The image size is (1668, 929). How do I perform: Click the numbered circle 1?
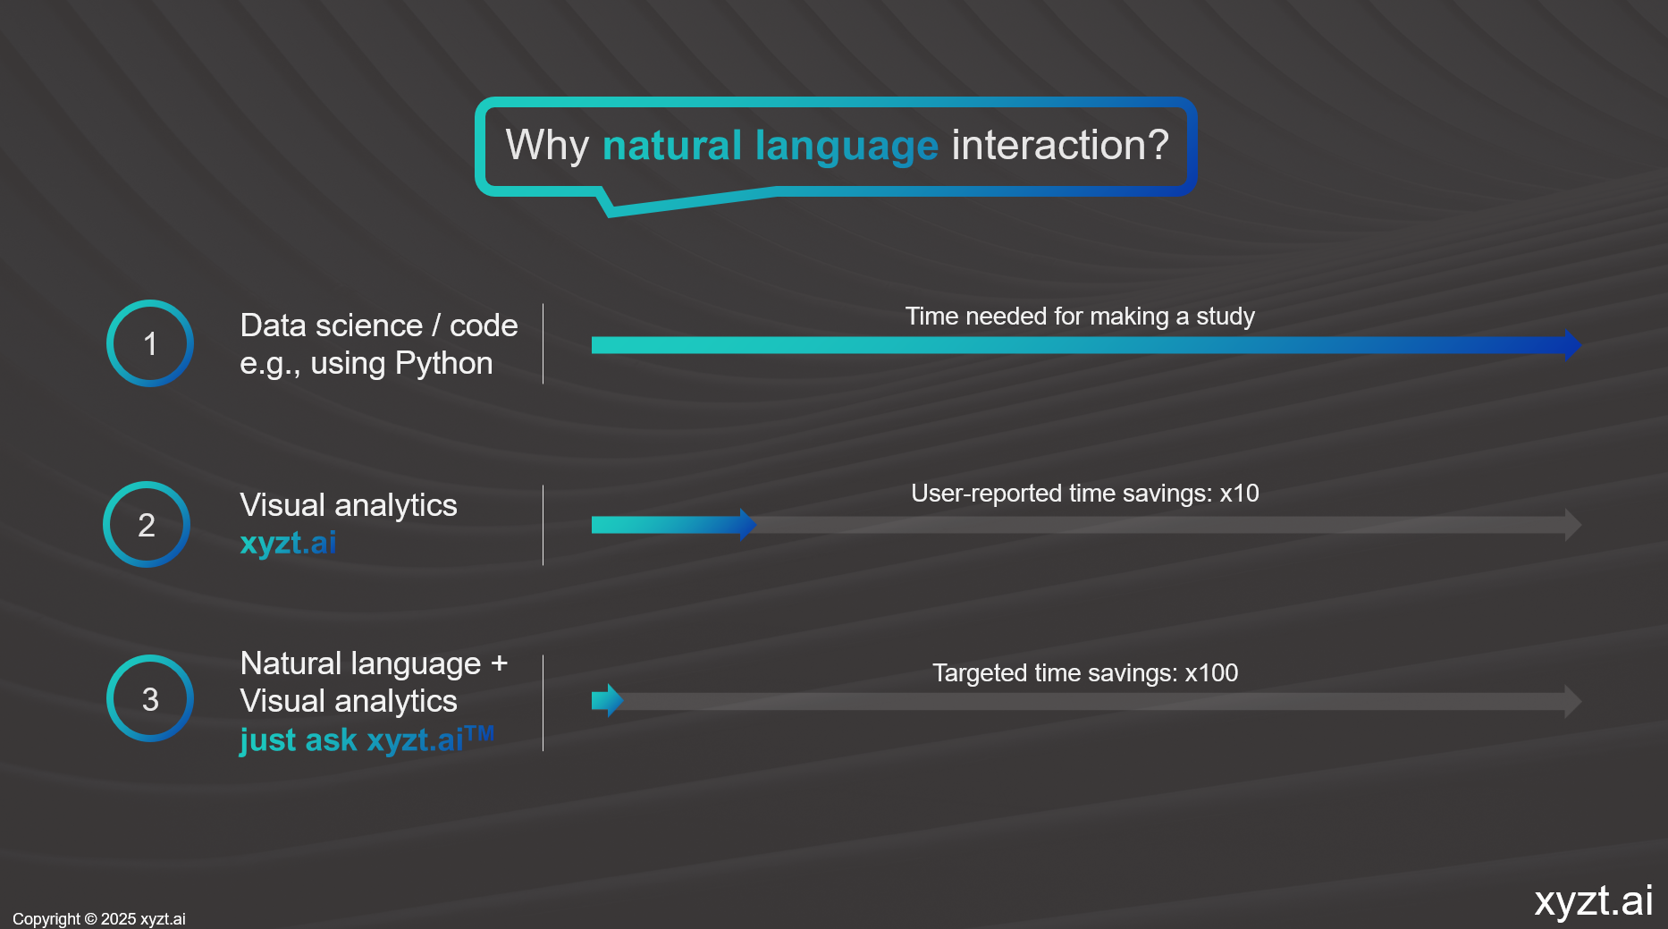150,300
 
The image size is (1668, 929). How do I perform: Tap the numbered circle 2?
147,483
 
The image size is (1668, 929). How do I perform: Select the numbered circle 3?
150,656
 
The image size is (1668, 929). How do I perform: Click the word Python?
443,364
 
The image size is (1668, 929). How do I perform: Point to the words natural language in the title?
771,146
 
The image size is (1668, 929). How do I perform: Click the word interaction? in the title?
1060,145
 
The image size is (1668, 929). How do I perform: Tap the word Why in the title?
547,146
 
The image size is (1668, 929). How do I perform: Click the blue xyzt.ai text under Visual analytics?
288,543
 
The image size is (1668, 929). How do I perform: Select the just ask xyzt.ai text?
366,739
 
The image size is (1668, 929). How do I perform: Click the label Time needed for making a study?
1080,317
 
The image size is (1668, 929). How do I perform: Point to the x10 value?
1239,494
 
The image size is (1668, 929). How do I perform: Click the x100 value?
1211,673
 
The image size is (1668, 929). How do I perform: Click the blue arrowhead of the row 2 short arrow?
748,525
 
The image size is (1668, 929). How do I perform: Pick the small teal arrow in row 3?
607,701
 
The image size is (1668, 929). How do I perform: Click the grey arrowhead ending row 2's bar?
1573,525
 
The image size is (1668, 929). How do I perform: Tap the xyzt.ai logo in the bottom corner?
1594,900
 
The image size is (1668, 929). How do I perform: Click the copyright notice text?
99,919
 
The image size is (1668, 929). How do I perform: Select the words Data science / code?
379,325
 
